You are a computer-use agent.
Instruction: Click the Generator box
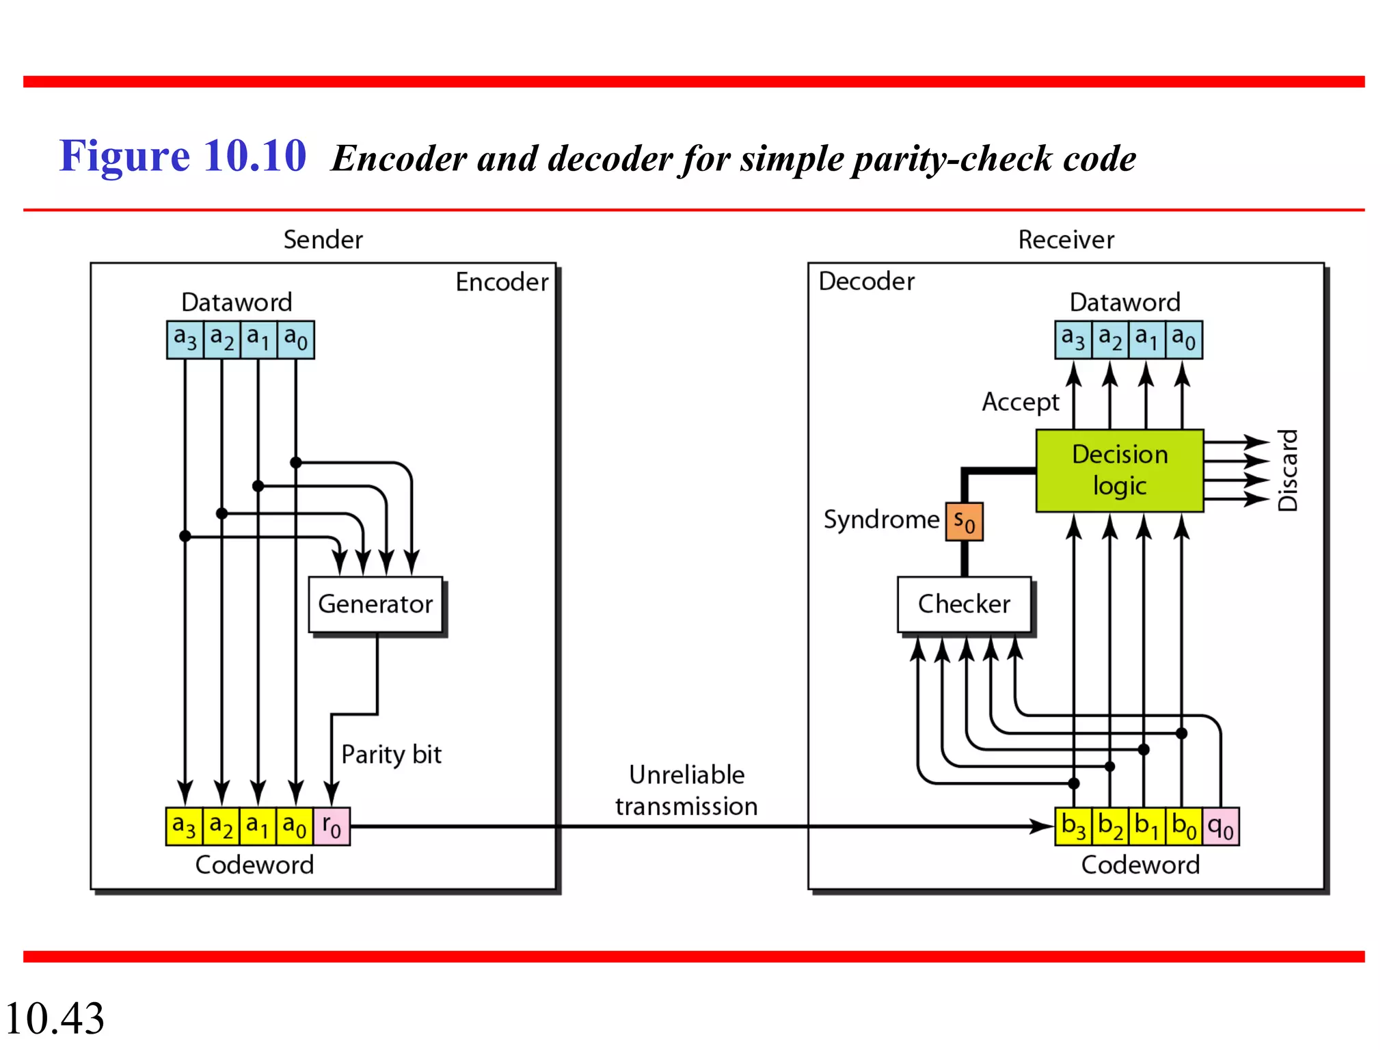click(375, 604)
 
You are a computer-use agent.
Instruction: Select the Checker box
click(964, 604)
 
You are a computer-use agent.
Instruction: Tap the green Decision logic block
click(1119, 470)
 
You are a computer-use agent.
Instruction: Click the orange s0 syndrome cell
click(964, 522)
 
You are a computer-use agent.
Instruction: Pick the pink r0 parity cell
click(332, 826)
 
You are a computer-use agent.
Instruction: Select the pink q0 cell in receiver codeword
click(1221, 826)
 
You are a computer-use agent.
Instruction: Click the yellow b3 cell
click(1073, 826)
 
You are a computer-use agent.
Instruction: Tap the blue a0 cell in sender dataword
click(296, 339)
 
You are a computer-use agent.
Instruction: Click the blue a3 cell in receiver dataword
click(1073, 339)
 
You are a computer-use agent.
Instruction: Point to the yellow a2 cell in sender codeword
click(221, 826)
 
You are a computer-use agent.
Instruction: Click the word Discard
click(1288, 470)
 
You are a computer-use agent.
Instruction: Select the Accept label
click(1020, 402)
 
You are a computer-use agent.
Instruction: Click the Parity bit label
click(391, 755)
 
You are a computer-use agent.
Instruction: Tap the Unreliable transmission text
click(686, 791)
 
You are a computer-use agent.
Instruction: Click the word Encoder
click(502, 282)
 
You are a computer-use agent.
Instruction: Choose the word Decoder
click(866, 282)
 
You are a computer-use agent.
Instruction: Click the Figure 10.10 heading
click(183, 156)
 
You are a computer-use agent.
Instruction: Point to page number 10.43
click(55, 1018)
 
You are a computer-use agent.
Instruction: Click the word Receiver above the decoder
click(1066, 240)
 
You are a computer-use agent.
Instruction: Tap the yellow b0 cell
click(1184, 826)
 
